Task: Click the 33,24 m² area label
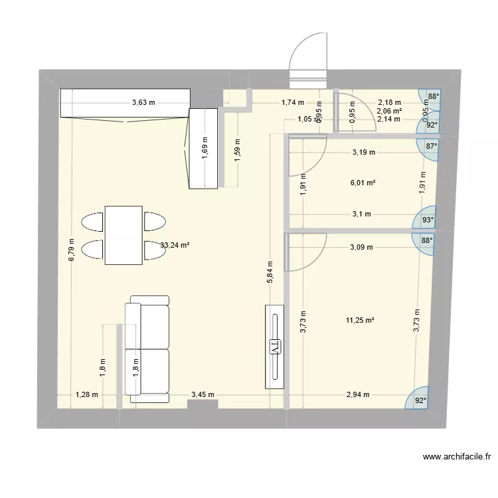(175, 244)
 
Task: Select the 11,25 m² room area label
(361, 320)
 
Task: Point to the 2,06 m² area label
(389, 111)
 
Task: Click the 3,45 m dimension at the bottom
(203, 394)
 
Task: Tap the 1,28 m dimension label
(86, 394)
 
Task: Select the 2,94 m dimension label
(358, 394)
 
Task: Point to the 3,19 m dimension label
(363, 152)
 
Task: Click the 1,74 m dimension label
(292, 102)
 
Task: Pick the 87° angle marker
(431, 147)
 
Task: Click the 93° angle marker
(428, 220)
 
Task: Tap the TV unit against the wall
(275, 346)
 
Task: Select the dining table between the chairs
(124, 234)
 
